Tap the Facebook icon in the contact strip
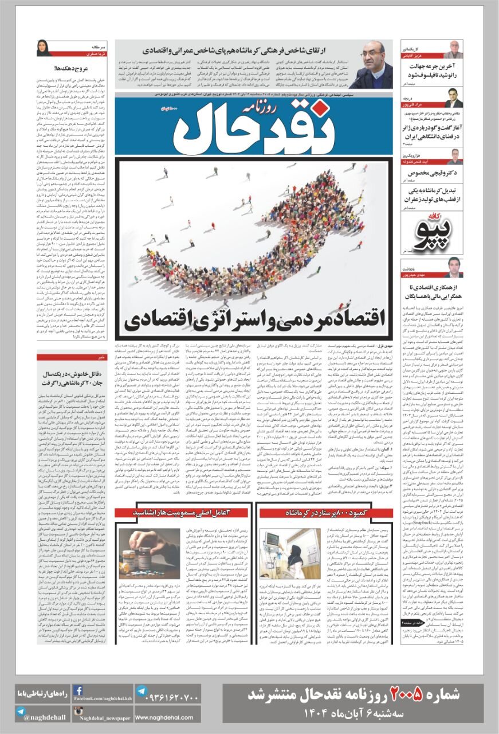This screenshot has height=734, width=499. [78, 690]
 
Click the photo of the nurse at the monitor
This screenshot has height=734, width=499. [290, 554]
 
